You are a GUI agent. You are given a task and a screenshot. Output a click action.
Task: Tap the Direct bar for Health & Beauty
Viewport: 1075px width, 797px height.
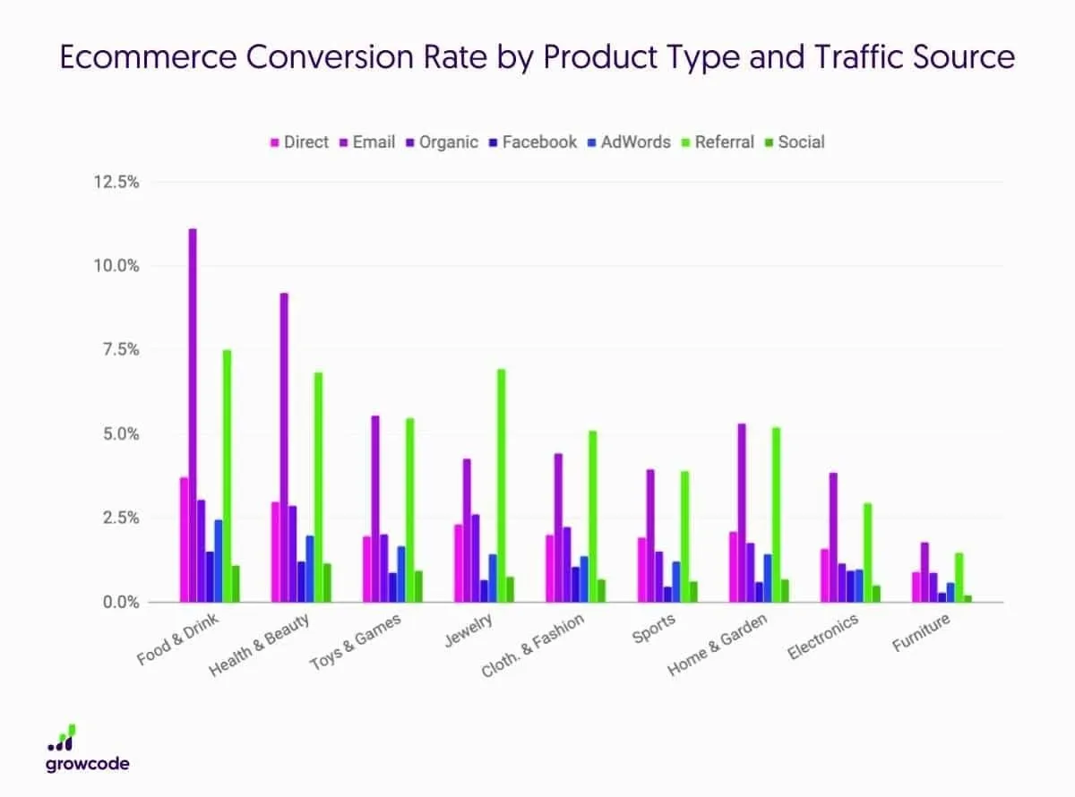(276, 552)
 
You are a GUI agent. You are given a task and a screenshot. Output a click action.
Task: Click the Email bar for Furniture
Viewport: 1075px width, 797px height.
(925, 572)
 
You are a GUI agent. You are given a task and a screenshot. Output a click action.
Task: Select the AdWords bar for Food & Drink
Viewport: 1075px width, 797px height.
(219, 561)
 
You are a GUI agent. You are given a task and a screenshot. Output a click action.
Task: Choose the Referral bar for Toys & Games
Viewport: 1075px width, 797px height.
(409, 510)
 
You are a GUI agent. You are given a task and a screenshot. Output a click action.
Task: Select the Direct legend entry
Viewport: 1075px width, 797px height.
(305, 141)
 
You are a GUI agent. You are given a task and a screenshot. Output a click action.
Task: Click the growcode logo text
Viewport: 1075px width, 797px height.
(87, 764)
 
